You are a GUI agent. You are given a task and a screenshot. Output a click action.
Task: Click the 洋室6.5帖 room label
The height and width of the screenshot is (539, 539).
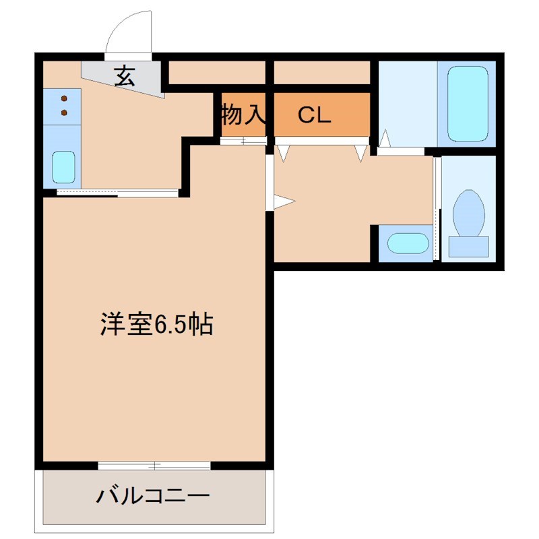pos(156,325)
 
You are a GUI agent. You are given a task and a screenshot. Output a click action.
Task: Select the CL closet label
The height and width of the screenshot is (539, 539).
pos(315,116)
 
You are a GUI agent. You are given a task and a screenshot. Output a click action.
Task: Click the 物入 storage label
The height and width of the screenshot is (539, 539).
pos(243,115)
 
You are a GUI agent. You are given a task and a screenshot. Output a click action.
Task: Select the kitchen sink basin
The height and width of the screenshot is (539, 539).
pos(63,167)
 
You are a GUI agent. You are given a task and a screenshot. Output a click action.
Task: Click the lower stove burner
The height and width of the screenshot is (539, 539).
pos(64,112)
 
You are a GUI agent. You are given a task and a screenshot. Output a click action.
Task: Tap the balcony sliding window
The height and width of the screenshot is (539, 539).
pos(154,465)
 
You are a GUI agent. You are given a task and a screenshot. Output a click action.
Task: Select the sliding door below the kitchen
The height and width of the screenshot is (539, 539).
pos(118,193)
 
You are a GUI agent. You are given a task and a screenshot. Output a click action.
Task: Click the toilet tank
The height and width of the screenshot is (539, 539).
pos(468,246)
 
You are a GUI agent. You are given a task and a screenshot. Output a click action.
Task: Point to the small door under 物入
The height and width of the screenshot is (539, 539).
pos(243,141)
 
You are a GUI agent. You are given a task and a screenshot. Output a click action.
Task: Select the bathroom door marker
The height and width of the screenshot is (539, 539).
pos(385,140)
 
